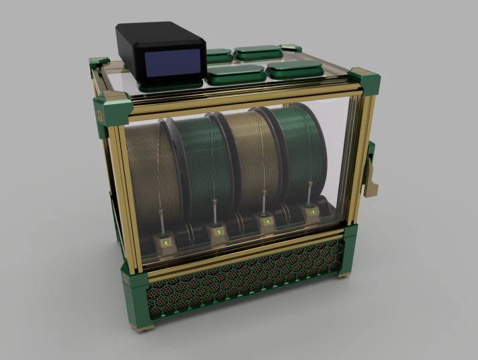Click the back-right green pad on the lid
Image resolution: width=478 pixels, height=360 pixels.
click(x=258, y=51)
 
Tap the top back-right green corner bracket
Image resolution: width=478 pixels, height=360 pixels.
click(x=290, y=46)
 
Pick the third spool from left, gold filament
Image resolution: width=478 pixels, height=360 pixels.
click(x=249, y=161)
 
